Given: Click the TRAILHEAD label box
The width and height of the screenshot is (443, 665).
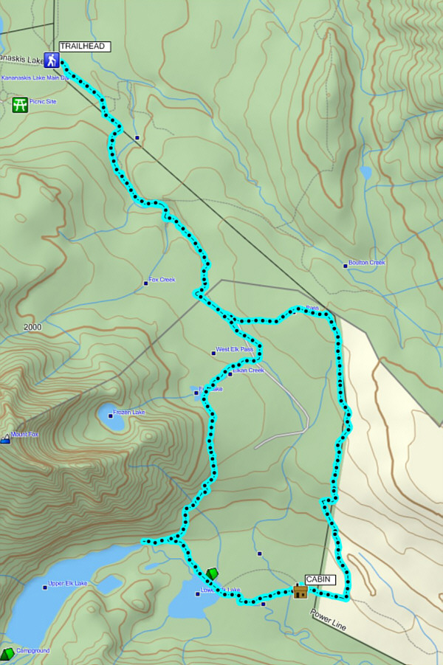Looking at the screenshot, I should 85,46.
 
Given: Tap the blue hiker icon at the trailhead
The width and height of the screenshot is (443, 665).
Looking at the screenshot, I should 52,61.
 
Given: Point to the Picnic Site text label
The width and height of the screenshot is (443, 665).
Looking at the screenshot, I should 43,102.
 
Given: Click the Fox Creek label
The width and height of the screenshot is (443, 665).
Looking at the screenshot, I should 162,280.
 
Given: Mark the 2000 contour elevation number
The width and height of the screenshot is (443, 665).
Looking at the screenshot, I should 32,327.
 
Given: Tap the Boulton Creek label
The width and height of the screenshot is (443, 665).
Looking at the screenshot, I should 367,263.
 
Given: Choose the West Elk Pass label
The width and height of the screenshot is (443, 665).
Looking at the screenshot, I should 234,349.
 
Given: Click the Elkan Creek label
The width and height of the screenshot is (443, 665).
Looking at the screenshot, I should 249,370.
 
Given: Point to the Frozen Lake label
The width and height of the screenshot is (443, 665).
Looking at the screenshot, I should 128,413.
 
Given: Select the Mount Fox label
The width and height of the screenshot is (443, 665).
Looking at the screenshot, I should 24,435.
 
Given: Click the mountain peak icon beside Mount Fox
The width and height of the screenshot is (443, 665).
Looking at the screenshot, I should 5,438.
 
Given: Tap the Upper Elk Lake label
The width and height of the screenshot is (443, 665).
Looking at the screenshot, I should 67,584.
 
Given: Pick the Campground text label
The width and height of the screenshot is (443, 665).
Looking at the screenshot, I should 32,651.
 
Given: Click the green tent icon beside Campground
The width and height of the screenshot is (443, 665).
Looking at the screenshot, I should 7,653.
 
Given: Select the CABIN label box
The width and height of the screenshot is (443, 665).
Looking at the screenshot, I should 320,579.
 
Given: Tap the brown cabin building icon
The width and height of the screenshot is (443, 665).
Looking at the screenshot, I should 300,591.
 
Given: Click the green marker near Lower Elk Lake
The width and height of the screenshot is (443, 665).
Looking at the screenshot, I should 212,573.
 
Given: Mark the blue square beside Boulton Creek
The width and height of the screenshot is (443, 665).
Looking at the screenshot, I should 345,265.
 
